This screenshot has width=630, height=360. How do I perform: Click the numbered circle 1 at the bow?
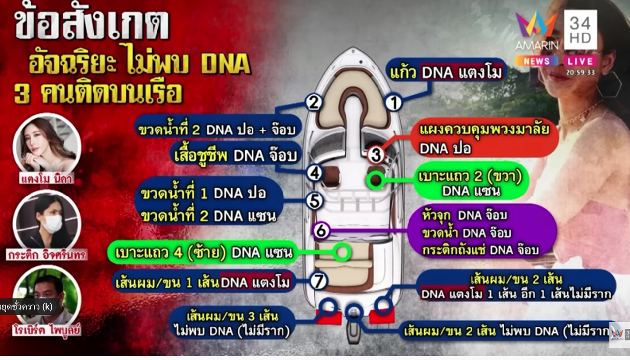(393, 102)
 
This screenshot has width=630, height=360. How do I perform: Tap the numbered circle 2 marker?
(314, 102)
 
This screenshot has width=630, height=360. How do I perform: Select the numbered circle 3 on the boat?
(376, 155)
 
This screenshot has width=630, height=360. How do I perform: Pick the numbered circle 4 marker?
(314, 173)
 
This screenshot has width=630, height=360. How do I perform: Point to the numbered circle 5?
(314, 201)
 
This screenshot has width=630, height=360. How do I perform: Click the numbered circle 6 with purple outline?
(321, 230)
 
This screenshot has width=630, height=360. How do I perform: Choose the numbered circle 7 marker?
(318, 281)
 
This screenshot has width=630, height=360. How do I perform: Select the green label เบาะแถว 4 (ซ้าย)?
(203, 253)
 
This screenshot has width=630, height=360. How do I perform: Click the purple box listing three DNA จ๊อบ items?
(481, 231)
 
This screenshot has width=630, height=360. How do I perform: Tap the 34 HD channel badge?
(580, 30)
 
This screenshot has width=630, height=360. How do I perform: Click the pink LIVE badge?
(581, 61)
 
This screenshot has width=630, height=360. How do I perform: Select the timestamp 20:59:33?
(580, 72)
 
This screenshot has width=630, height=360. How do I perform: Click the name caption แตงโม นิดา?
(47, 178)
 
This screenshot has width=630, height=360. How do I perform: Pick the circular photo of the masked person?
(47, 221)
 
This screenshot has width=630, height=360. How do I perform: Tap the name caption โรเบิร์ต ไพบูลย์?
(47, 330)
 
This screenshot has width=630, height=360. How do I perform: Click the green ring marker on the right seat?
(376, 180)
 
